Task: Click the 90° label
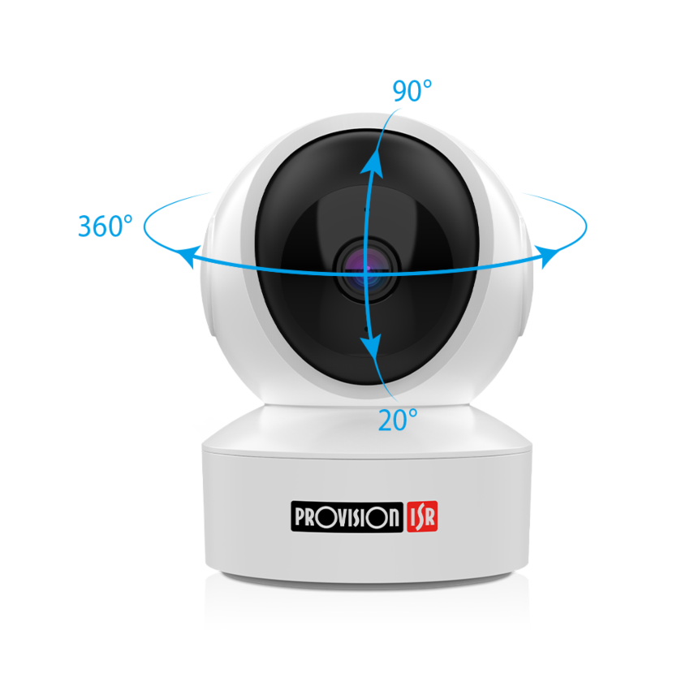412,91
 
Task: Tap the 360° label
106,226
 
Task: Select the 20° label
398,420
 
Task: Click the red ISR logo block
422,516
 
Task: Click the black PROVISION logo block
347,516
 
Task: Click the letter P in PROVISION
300,517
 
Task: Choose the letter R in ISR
429,518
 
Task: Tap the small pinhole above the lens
366,208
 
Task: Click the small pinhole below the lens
366,328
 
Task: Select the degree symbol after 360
127,219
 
